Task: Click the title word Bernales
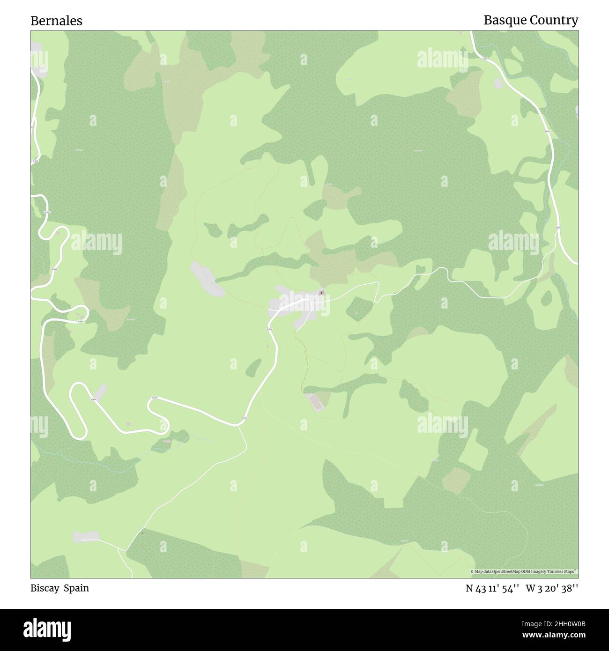click(56, 21)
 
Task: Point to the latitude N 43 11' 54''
click(492, 588)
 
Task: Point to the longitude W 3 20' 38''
click(552, 588)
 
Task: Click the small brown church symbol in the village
click(321, 293)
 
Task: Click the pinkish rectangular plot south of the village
click(315, 401)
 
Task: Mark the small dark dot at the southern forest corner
click(142, 533)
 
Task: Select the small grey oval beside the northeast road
click(498, 83)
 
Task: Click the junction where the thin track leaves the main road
click(239, 425)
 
